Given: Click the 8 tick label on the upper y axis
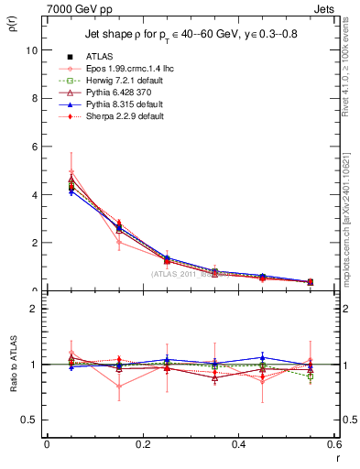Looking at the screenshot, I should tap(34, 98).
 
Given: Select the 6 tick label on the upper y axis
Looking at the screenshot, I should tap(34, 147).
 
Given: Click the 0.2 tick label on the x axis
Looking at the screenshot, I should tap(142, 444).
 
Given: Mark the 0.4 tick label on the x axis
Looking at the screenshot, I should tap(238, 444).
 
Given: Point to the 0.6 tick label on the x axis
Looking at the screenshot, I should tap(333, 444).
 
